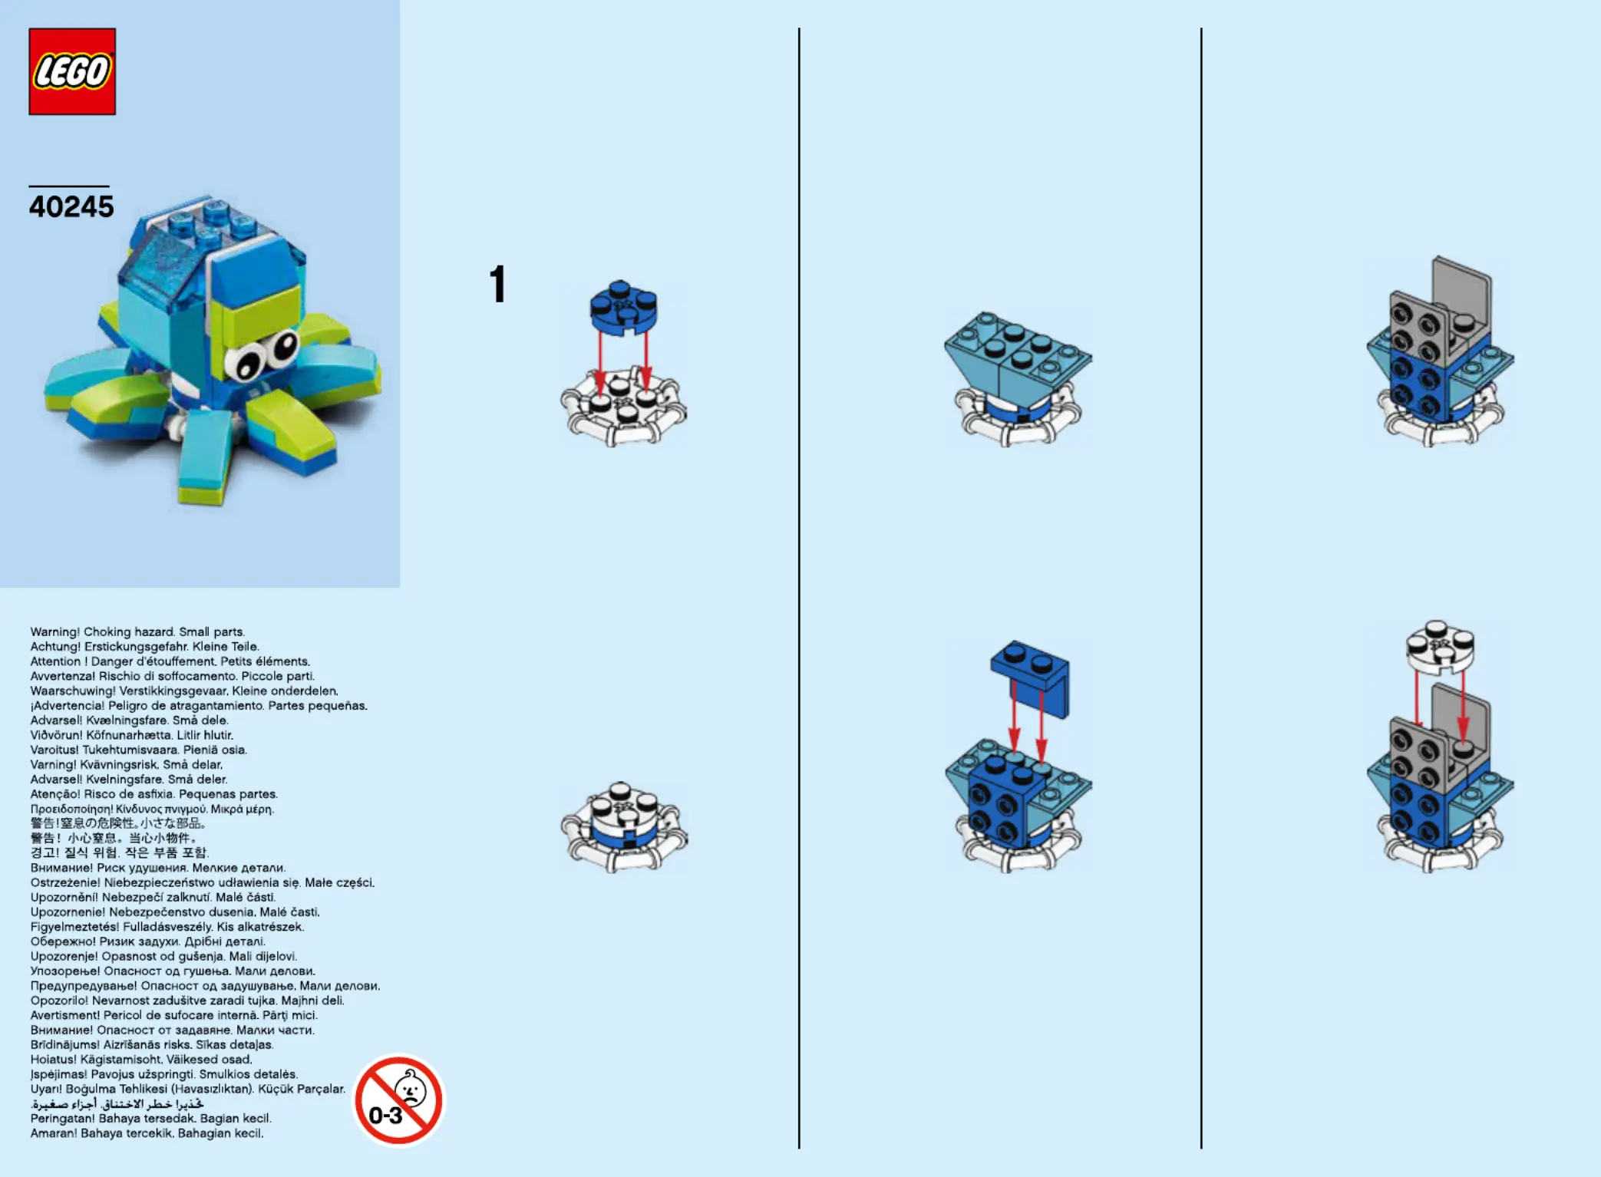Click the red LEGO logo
[x=72, y=71]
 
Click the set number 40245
[x=71, y=206]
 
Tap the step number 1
[x=498, y=284]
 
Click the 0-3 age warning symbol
[x=398, y=1100]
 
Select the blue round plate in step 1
[x=623, y=307]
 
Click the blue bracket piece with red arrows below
[x=1030, y=678]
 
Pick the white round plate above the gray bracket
[x=1440, y=645]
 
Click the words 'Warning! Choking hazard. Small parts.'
[x=137, y=632]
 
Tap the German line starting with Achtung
[x=144, y=647]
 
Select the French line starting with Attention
[x=170, y=661]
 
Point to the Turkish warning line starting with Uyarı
[x=188, y=1089]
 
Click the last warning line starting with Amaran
[x=147, y=1133]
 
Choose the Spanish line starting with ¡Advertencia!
[x=199, y=706]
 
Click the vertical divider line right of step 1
[x=799, y=588]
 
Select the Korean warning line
[x=120, y=853]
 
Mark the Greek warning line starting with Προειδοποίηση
[x=152, y=809]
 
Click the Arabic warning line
[x=117, y=1104]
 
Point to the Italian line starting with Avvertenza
[x=173, y=676]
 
